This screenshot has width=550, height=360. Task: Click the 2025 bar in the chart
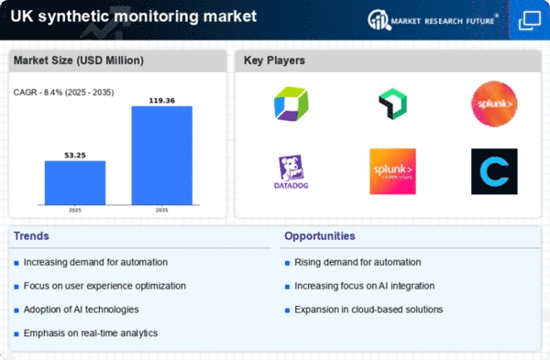pos(75,182)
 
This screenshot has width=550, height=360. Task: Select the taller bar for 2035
pos(162,155)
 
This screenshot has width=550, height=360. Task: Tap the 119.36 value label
pos(162,98)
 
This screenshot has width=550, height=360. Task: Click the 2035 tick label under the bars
pos(162,210)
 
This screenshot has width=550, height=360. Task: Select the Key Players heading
pos(274,60)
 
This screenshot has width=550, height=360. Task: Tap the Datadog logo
pos(291,171)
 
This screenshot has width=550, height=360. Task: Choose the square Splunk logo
pos(392,171)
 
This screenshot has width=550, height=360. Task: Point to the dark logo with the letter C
pos(494,171)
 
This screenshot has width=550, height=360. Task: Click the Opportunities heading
pos(320,236)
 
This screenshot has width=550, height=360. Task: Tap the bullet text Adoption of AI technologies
pos(82,309)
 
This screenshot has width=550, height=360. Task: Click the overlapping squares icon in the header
pos(530,19)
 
